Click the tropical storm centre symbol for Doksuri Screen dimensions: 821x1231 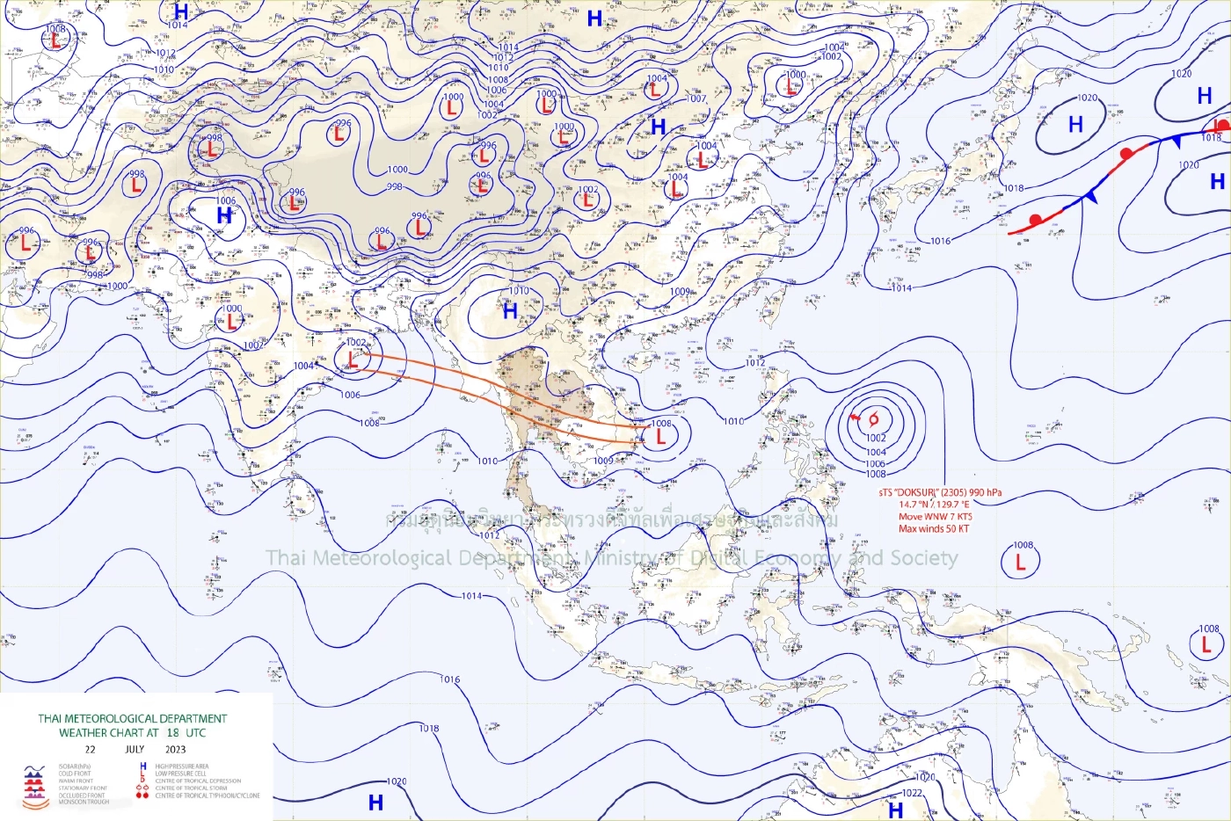click(x=873, y=419)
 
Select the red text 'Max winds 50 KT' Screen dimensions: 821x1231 click(x=934, y=529)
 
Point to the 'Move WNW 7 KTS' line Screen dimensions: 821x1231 click(x=935, y=517)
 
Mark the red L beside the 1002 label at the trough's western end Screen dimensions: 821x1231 click(x=353, y=360)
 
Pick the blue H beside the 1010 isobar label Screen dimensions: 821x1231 click(x=510, y=310)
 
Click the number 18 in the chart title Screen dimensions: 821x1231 click(x=172, y=732)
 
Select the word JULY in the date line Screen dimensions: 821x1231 click(x=135, y=750)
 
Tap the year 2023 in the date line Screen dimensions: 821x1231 click(x=176, y=750)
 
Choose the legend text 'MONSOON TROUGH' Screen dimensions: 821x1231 click(x=84, y=802)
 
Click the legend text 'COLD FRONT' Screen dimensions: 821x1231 click(x=75, y=774)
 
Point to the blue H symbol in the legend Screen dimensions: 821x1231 click(x=143, y=767)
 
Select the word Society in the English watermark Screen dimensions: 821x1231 click(x=924, y=558)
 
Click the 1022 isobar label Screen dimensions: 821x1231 click(x=912, y=793)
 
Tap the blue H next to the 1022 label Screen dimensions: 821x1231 click(x=895, y=810)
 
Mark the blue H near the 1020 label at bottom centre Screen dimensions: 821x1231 click(x=375, y=802)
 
